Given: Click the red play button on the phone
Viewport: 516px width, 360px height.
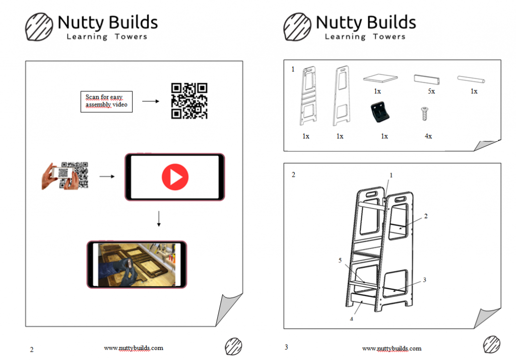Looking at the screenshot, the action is coord(175,177).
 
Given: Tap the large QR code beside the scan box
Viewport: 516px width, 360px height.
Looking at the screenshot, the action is coord(189,101).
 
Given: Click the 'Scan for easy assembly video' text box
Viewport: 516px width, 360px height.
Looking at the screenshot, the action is coord(107,102).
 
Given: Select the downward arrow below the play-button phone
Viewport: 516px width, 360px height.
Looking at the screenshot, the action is coord(159,219).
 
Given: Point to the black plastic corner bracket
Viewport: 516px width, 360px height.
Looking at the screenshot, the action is coord(380,112).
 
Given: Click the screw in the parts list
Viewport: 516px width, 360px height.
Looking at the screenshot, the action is coord(425,113).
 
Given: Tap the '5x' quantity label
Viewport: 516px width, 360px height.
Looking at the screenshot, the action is coord(431,92).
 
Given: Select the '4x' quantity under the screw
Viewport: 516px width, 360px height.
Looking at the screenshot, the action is coord(428,136).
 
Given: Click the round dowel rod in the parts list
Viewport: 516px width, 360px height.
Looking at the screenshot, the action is coord(471,79).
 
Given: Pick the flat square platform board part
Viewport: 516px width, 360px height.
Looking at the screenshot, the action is coord(380,78).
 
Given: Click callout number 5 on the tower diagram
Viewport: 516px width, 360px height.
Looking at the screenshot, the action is coord(340,260).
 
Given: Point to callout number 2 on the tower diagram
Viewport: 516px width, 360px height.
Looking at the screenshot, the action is coord(426,216).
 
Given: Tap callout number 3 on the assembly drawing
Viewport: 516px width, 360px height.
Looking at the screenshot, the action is coord(424,280).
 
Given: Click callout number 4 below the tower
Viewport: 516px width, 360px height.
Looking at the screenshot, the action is coord(351,319).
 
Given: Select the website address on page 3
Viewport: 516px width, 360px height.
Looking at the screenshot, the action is coord(392,348).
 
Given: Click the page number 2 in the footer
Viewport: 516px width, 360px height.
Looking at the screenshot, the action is coord(32,349).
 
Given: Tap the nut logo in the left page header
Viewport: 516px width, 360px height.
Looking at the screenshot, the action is coord(39,27).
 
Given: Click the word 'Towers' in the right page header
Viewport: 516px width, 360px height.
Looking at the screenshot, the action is coord(389,36).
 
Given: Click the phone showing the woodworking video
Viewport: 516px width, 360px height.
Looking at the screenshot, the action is coord(137,265).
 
